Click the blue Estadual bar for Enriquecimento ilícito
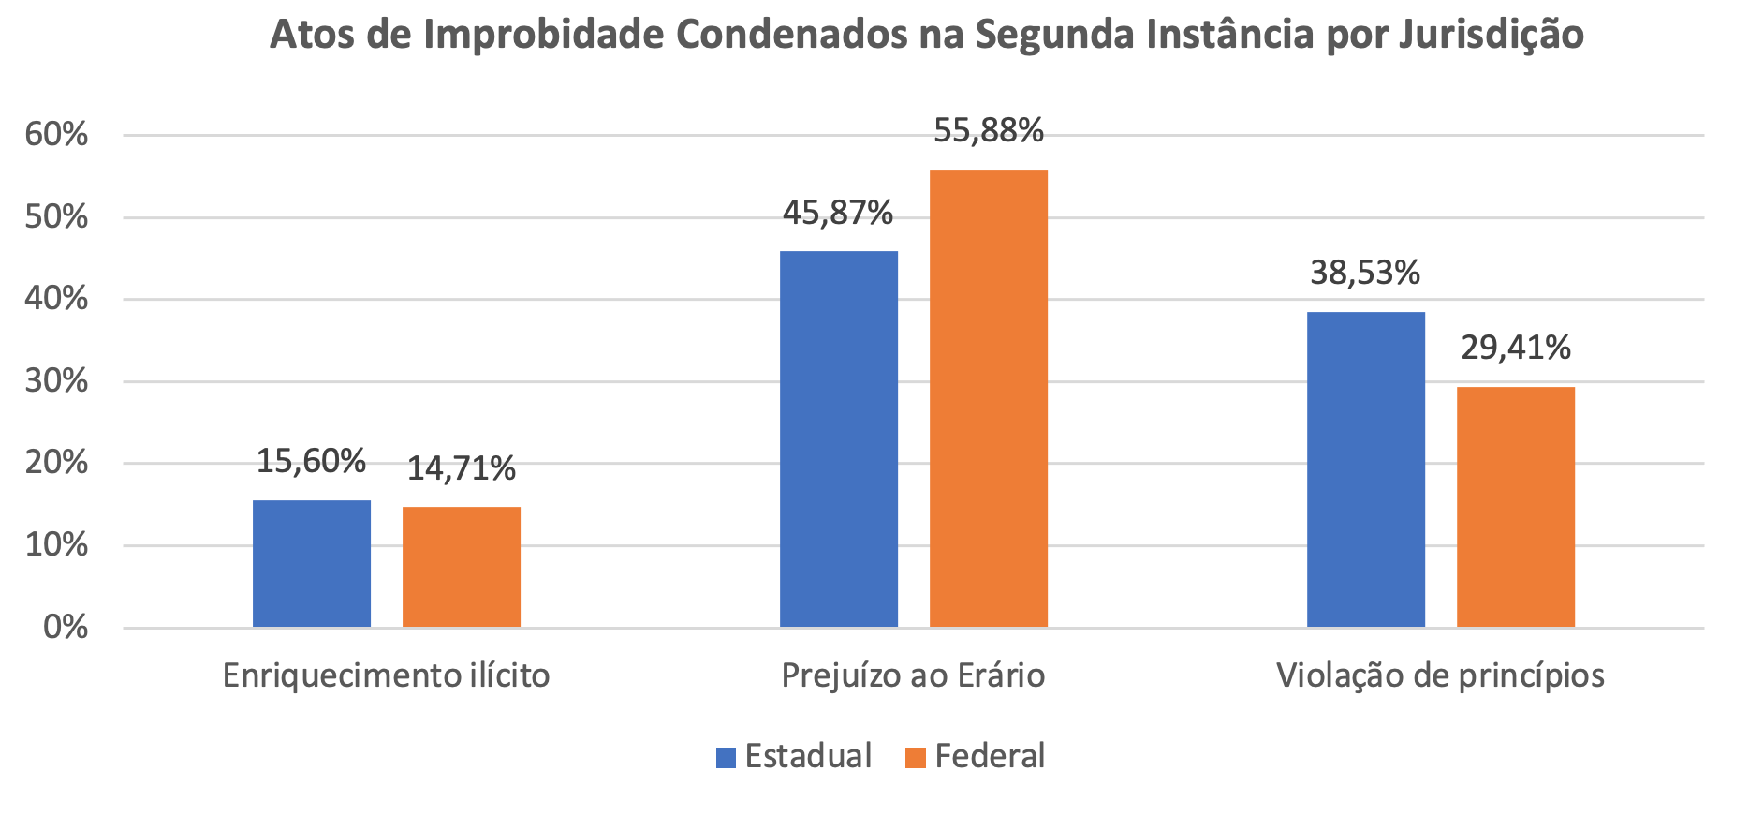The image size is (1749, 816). pyautogui.click(x=312, y=564)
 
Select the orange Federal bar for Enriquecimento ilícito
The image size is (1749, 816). pyautogui.click(x=462, y=567)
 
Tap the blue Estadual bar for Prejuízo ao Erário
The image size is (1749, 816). pyautogui.click(x=839, y=438)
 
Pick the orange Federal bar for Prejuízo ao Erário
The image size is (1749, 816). pyautogui.click(x=989, y=398)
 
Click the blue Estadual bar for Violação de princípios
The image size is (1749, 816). pyautogui.click(x=1366, y=469)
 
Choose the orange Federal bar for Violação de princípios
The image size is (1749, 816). pyautogui.click(x=1516, y=507)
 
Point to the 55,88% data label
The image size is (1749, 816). pyautogui.click(x=989, y=131)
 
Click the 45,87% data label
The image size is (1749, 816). pyautogui.click(x=838, y=214)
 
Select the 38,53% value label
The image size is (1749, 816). pyautogui.click(x=1365, y=273)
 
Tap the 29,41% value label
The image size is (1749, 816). pyautogui.click(x=1516, y=349)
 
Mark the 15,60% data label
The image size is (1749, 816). pyautogui.click(x=311, y=461)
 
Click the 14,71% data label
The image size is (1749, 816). pyautogui.click(x=461, y=468)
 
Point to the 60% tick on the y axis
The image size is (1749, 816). pyautogui.click(x=56, y=135)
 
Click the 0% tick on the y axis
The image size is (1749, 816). pyautogui.click(x=66, y=627)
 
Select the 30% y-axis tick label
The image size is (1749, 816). pyautogui.click(x=56, y=381)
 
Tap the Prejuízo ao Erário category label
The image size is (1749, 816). pyautogui.click(x=913, y=675)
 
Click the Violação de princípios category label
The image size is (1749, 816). pyautogui.click(x=1440, y=675)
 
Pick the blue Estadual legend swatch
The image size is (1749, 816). pyautogui.click(x=726, y=757)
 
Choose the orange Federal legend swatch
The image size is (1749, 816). pyautogui.click(x=916, y=757)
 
